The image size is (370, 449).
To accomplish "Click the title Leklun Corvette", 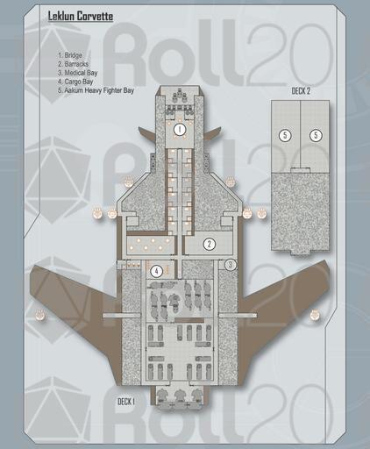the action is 81,16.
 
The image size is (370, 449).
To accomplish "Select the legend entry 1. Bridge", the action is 70,55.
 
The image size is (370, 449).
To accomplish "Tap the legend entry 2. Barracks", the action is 73,64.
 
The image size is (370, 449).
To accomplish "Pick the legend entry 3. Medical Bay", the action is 77,73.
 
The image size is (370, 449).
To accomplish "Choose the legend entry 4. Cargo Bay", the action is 75,82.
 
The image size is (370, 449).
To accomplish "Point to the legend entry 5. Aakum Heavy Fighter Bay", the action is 96,90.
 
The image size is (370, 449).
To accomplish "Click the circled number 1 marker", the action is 180,130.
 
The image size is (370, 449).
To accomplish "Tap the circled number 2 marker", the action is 210,244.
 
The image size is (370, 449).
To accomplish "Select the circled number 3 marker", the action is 231,265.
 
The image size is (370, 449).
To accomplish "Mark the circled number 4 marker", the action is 157,272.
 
